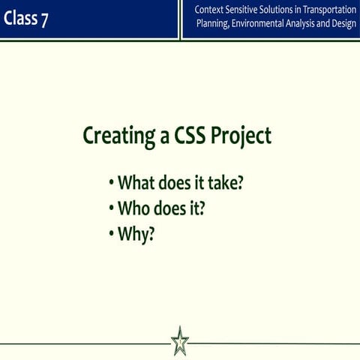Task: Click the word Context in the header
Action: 210,10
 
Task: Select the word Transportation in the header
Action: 325,10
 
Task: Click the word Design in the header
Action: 341,24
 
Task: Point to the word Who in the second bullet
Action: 133,207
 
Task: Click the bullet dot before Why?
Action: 111,233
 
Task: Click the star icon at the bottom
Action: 180,341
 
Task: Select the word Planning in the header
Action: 214,24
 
